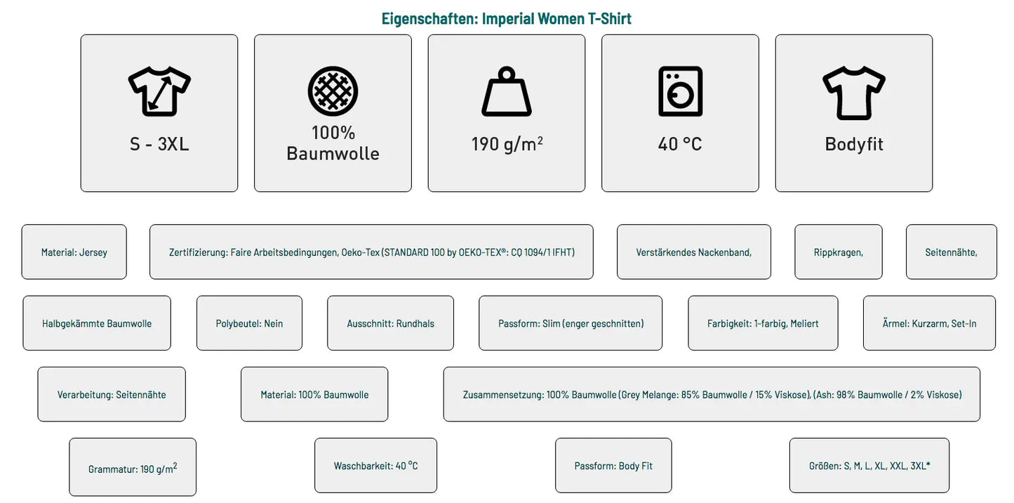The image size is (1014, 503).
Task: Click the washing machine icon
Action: [680, 91]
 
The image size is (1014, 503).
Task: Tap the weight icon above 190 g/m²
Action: [506, 91]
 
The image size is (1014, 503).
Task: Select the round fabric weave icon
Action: [333, 91]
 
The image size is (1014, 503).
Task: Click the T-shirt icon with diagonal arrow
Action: [159, 91]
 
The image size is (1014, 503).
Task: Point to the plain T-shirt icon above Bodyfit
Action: [854, 93]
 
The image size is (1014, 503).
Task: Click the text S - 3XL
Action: [159, 144]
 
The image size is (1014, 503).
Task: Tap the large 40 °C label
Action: [680, 144]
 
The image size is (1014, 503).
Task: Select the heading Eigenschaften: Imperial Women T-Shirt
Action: [506, 18]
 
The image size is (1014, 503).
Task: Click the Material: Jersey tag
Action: [74, 252]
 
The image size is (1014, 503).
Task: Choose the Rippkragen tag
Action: [839, 252]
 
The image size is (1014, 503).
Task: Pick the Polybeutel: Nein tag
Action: [249, 323]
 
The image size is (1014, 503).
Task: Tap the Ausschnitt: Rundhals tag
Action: [391, 323]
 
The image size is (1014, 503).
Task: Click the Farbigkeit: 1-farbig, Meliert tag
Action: [763, 323]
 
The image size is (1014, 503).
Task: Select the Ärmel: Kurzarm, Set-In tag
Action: [929, 323]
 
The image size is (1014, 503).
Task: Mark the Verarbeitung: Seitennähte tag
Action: [112, 394]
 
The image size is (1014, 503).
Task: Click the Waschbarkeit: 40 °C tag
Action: [375, 465]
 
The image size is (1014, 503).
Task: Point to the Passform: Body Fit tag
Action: [613, 465]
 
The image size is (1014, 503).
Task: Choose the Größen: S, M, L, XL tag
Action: [869, 465]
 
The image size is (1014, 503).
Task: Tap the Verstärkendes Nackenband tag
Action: [694, 252]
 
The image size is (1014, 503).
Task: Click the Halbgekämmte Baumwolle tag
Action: [97, 323]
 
